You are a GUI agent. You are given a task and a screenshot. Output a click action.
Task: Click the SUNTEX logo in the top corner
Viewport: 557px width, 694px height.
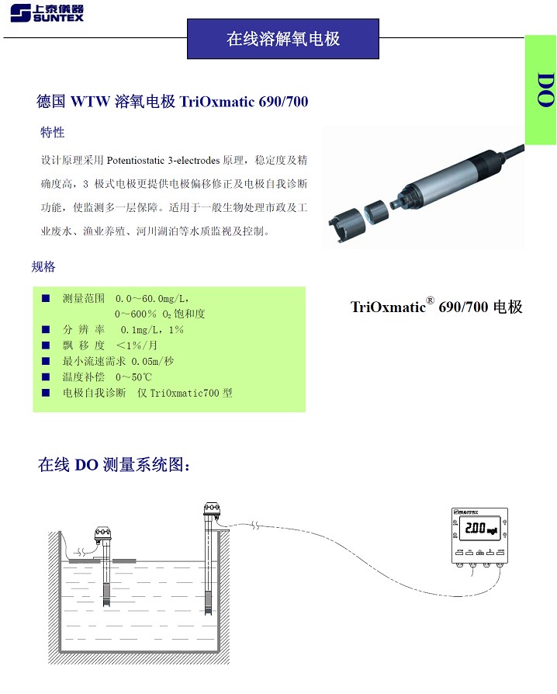pyautogui.click(x=47, y=13)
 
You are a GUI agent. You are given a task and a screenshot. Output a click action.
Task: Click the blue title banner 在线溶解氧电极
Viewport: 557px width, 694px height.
pyautogui.click(x=283, y=39)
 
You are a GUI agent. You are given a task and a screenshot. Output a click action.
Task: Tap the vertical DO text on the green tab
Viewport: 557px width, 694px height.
pyautogui.click(x=545, y=90)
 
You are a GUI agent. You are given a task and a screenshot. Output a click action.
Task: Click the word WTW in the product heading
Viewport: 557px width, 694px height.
pyautogui.click(x=90, y=102)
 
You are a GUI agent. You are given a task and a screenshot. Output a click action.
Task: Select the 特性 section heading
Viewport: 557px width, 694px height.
pyautogui.click(x=52, y=132)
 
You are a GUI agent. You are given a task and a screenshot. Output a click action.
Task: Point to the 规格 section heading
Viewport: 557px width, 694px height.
pyautogui.click(x=43, y=266)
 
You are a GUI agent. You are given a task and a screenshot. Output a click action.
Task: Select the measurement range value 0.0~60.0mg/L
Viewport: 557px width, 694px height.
pyautogui.click(x=152, y=299)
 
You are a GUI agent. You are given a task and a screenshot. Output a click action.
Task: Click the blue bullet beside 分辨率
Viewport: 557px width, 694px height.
pyautogui.click(x=46, y=329)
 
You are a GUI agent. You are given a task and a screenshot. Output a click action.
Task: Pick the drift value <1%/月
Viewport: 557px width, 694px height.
pyautogui.click(x=137, y=345)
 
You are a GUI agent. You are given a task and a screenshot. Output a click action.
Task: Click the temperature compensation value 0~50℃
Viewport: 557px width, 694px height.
pyautogui.click(x=133, y=377)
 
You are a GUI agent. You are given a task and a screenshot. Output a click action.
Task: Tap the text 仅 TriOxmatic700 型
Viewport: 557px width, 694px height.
pyautogui.click(x=185, y=393)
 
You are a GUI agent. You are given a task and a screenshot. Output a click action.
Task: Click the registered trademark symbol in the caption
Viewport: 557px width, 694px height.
pyautogui.click(x=430, y=300)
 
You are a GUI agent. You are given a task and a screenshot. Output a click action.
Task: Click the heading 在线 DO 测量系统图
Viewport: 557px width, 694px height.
pyautogui.click(x=114, y=465)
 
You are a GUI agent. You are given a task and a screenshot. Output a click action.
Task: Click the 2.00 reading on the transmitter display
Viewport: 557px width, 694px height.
pyautogui.click(x=475, y=528)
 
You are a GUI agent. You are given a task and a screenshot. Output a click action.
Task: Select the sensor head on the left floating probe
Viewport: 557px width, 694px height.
pyautogui.click(x=103, y=534)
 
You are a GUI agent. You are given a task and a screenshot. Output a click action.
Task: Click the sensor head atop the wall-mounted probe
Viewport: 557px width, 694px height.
pyautogui.click(x=212, y=509)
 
